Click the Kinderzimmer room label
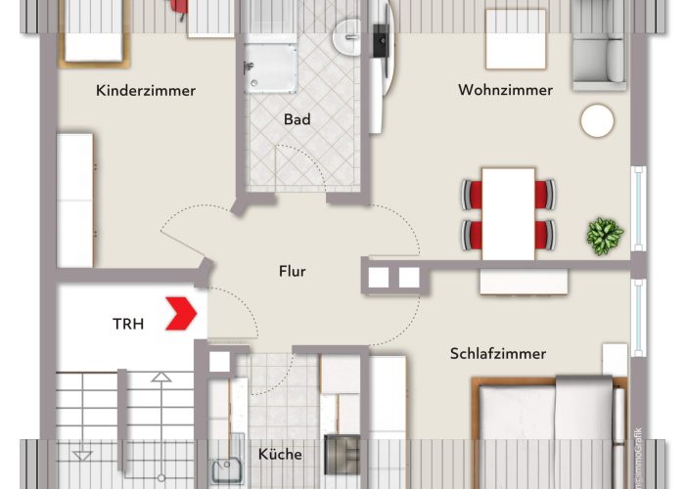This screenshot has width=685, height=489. point(146,91)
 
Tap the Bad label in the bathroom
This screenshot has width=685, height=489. point(297,120)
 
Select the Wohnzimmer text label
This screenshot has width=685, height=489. point(505,91)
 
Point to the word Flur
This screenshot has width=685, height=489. point(292,271)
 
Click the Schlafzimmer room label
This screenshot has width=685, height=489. point(497,353)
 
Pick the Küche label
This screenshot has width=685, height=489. point(280,454)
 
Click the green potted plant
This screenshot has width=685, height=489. point(604,235)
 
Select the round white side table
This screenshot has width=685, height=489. point(597,121)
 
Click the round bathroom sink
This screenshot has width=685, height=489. point(346,39)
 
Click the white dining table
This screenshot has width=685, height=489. point(508,213)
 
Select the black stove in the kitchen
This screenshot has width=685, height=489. point(342,454)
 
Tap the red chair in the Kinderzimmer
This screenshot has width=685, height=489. point(178,6)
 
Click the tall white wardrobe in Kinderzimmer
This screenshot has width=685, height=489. point(75,200)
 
